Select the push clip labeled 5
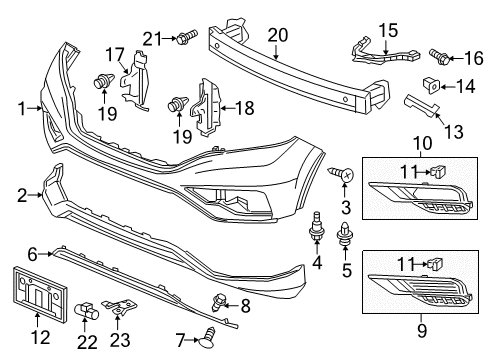[346, 233]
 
